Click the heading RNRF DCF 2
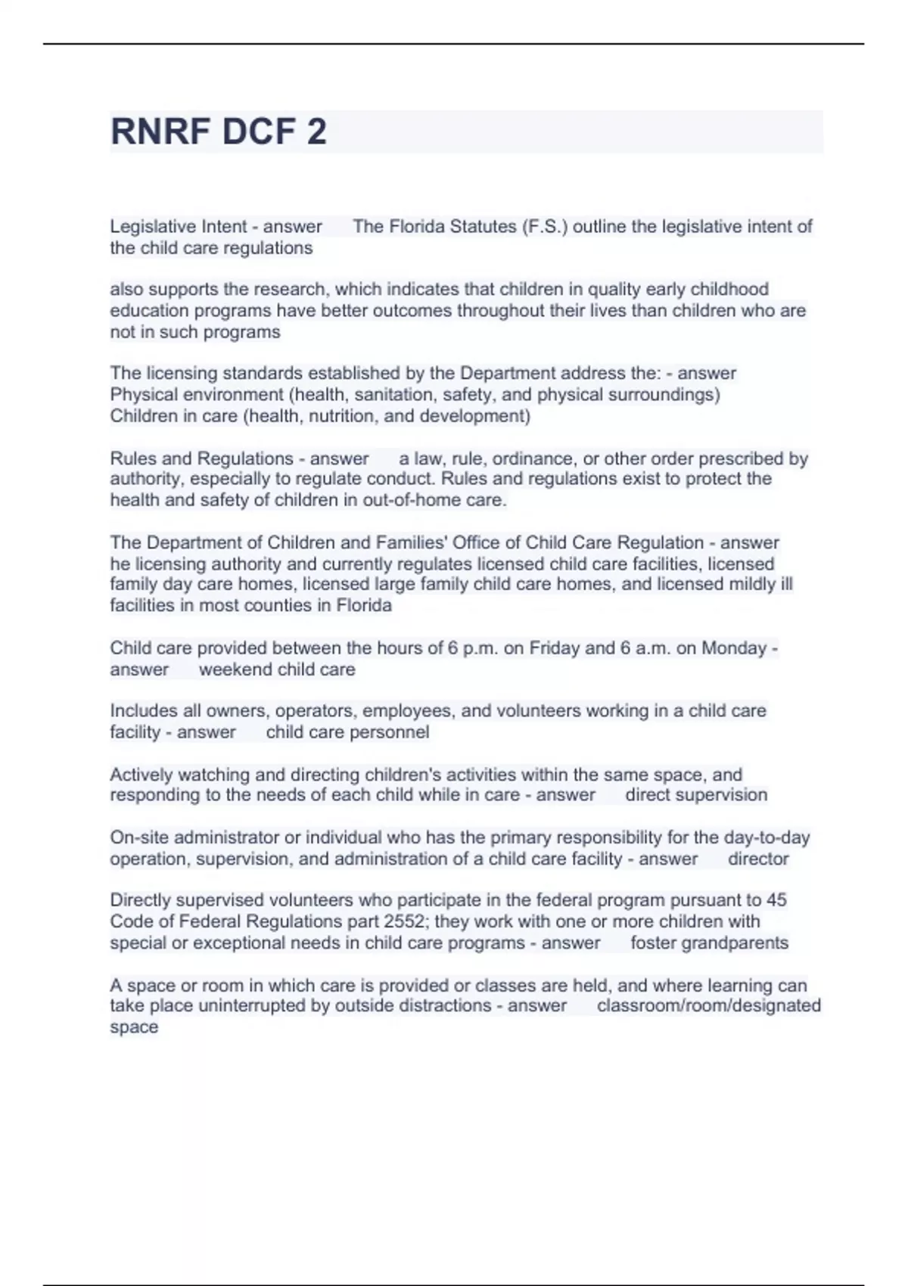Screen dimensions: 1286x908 tap(219, 132)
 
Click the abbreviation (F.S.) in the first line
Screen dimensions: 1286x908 tap(544, 226)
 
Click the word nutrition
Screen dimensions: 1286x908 tap(341, 415)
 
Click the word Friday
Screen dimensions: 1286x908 tap(554, 648)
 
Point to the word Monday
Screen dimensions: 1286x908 tap(734, 648)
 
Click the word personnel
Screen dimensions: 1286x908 tap(391, 732)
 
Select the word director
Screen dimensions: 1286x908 tap(758, 859)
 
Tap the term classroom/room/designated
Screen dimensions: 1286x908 tap(708, 1005)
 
